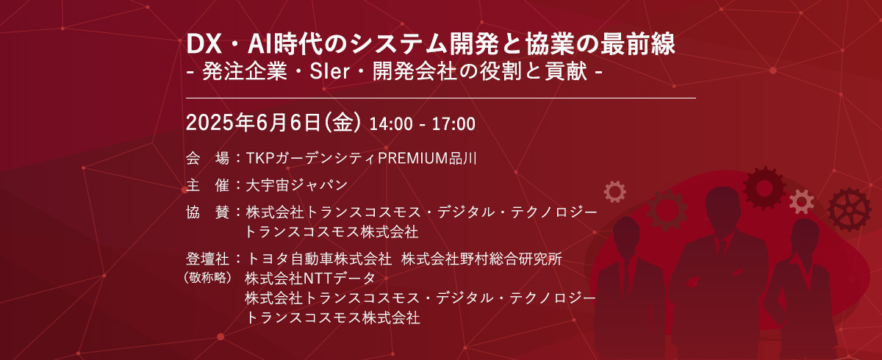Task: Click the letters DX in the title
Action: coord(201,45)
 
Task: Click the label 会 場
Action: coord(209,158)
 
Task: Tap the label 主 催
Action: coord(209,184)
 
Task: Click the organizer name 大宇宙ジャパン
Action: coord(297,184)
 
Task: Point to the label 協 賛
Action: coord(209,212)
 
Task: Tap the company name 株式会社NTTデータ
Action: coord(310,278)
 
